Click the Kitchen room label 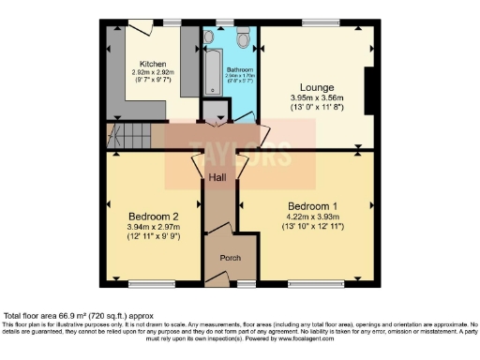click(154, 65)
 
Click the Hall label click(217, 176)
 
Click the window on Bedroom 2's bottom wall click(145, 281)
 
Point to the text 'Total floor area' click(32, 316)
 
